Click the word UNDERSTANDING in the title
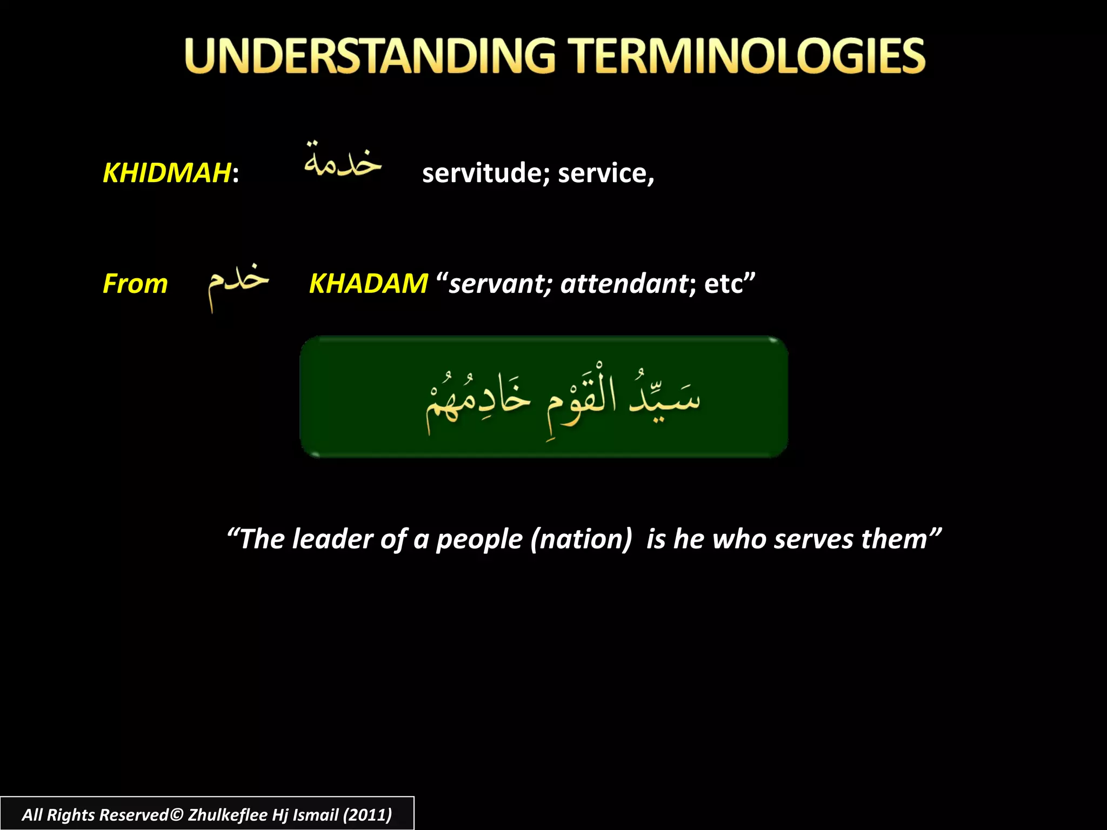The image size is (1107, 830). pos(370,56)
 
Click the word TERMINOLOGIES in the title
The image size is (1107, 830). pos(749,56)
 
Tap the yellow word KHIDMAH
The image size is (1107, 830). pos(167,173)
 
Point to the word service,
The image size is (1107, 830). pos(606,173)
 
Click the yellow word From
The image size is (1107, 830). pos(135,284)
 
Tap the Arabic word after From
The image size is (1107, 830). pos(238,284)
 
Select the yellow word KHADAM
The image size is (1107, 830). pos(368,284)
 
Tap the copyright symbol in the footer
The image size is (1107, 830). pos(177,814)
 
